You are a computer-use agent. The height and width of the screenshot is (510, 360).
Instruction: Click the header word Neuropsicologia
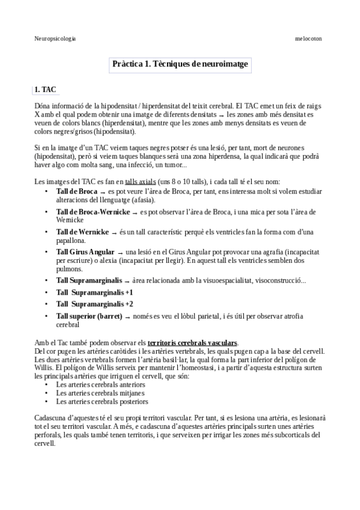coord(55,38)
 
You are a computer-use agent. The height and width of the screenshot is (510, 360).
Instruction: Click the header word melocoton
coord(308,38)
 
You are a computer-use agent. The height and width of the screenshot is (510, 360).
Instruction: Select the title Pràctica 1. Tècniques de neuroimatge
coord(180,63)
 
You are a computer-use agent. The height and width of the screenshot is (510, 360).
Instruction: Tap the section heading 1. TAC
coord(45,90)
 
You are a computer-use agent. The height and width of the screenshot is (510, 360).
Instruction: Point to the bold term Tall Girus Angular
coord(85,251)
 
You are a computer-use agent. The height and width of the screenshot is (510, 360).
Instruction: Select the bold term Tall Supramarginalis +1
coord(94,292)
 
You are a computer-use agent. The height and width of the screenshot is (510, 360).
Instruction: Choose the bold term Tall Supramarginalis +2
coord(94,304)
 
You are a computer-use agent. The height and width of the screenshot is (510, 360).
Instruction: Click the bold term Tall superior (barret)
coord(89,316)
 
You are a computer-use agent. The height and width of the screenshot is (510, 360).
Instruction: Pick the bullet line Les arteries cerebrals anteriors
coord(100,384)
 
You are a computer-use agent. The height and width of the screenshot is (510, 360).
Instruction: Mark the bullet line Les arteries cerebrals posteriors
coord(102,401)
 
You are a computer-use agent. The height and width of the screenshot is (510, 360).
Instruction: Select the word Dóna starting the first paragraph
coord(43,106)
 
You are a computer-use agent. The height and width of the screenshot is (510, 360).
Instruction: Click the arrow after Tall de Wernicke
coord(114,232)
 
